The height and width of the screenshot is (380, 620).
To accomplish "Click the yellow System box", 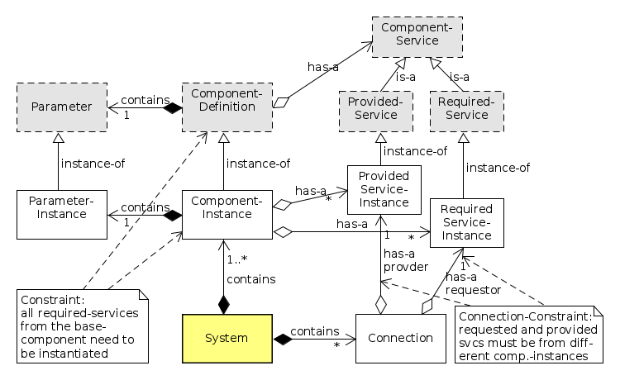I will tap(226, 338).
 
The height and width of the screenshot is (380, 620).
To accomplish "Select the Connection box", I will tap(401, 338).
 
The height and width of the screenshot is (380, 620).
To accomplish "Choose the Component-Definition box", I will tap(227, 107).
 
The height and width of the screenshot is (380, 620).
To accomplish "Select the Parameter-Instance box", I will tap(62, 215).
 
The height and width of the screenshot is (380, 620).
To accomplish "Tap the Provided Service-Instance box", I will tap(384, 190).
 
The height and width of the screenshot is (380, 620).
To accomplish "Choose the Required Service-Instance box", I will tap(466, 222).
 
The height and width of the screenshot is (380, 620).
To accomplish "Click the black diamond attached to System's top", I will tap(222, 303).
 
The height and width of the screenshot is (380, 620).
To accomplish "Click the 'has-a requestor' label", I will tap(473, 283).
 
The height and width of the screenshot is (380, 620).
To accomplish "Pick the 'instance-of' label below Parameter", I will tap(92, 163).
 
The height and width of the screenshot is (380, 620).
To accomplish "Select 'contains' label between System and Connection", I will tap(317, 329).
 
